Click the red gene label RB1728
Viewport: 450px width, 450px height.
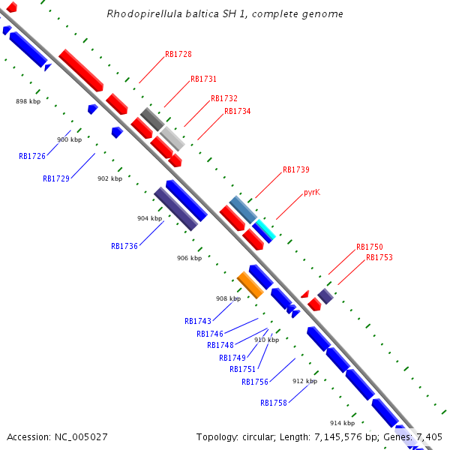click(178, 54)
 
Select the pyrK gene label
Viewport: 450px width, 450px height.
click(312, 192)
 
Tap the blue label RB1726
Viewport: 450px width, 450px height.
click(32, 156)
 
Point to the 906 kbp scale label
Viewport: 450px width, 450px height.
click(189, 258)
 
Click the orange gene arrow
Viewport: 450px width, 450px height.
click(250, 285)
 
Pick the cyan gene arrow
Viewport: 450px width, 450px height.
click(264, 230)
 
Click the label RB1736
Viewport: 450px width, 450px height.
click(124, 246)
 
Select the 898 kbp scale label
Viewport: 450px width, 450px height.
click(28, 100)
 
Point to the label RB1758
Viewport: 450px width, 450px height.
click(274, 403)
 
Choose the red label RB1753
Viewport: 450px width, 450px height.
click(379, 257)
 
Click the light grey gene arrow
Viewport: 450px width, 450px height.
click(172, 139)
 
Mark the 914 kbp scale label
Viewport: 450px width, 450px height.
click(342, 423)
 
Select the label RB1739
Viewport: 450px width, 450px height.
click(295, 169)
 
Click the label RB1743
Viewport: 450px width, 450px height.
click(198, 321)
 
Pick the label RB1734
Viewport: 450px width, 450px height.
click(237, 111)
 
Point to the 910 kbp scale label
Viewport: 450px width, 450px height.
click(266, 340)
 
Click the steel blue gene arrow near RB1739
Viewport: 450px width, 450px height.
click(243, 208)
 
